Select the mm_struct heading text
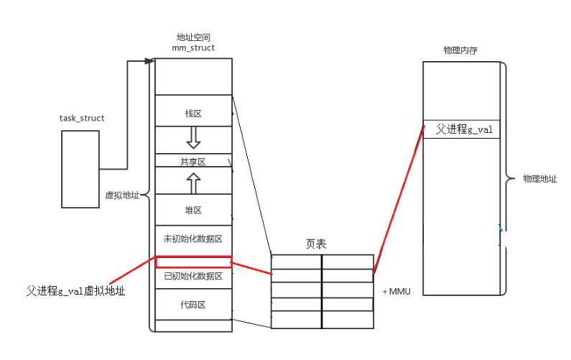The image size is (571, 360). click(x=192, y=47)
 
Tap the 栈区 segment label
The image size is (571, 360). click(x=193, y=113)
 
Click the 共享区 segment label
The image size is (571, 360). click(x=192, y=162)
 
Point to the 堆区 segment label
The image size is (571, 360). click(x=193, y=211)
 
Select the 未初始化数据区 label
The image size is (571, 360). click(x=193, y=238)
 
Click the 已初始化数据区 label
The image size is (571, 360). click(x=193, y=276)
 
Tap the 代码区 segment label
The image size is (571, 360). click(x=193, y=305)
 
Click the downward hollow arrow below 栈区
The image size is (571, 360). click(x=193, y=137)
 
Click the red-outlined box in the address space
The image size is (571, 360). click(x=193, y=262)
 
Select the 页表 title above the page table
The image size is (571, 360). click(x=317, y=244)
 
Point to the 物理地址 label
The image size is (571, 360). click(x=539, y=178)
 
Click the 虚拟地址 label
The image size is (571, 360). click(x=122, y=194)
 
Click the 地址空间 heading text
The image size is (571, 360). click(x=192, y=37)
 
